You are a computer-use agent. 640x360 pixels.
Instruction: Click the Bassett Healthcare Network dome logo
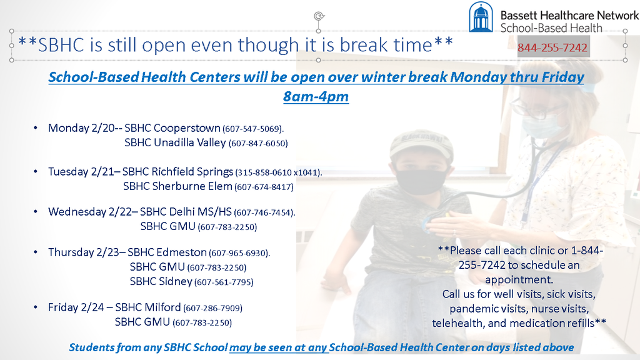pyautogui.click(x=481, y=17)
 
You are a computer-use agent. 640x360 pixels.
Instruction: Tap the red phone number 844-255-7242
pyautogui.click(x=552, y=47)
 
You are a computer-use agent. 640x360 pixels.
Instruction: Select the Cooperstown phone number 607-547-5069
pyautogui.click(x=252, y=129)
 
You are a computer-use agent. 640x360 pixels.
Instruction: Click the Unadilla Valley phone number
pyautogui.click(x=258, y=144)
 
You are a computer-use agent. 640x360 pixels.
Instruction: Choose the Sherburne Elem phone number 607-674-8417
pyautogui.click(x=264, y=187)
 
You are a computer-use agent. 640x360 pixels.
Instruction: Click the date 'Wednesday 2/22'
pyautogui.click(x=90, y=212)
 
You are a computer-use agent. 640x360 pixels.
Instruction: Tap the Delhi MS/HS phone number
pyautogui.click(x=264, y=212)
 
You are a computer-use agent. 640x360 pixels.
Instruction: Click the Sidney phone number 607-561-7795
pyautogui.click(x=224, y=282)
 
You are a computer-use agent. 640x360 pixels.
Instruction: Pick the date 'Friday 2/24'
pyautogui.click(x=76, y=307)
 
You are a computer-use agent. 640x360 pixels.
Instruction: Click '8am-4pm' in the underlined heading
pyautogui.click(x=316, y=97)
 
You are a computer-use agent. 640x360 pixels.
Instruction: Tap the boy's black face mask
pyautogui.click(x=421, y=182)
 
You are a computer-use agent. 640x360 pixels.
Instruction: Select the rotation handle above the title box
pyautogui.click(x=319, y=16)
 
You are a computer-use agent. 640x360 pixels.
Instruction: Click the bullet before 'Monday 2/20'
pyautogui.click(x=36, y=128)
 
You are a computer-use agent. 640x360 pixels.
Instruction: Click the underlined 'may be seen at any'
pyautogui.click(x=278, y=347)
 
